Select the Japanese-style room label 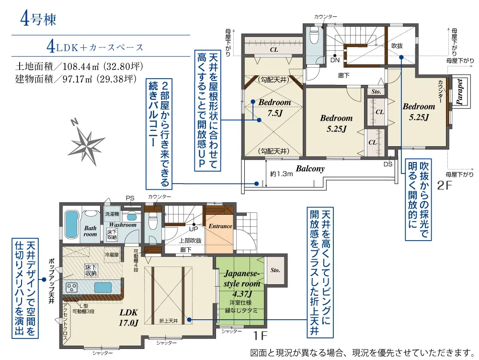point(242,279)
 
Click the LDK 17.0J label point(128,317)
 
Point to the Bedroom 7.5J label point(274,107)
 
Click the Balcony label point(310,168)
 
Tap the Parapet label point(459,92)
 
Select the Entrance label point(220,226)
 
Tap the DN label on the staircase point(335,60)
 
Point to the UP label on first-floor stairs point(194,229)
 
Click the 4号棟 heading point(38,19)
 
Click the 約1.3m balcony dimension point(281,174)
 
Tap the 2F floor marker point(445,185)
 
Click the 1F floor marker point(260,336)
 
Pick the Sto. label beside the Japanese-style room point(275,270)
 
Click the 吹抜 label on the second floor point(397,46)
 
